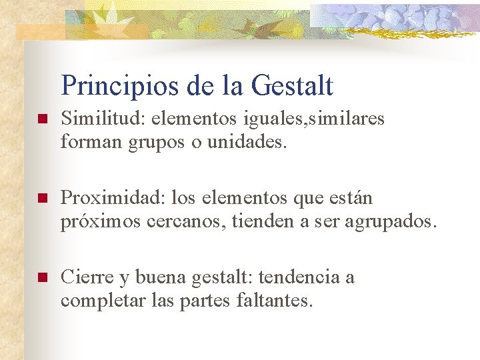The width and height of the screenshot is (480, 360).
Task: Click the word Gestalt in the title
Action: (x=293, y=86)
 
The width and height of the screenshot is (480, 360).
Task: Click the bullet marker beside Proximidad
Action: (x=41, y=199)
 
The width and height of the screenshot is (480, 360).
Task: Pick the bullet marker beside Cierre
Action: (x=41, y=278)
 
